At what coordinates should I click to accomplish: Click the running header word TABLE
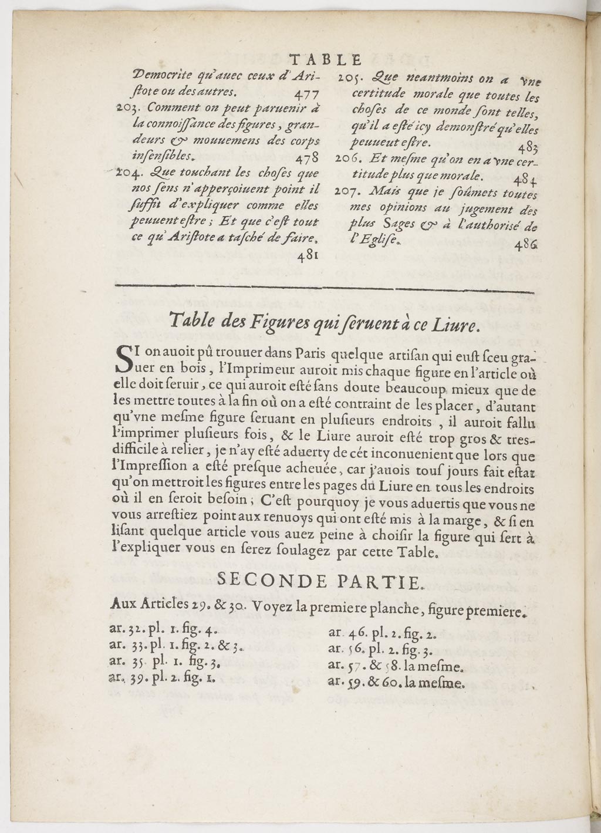[326, 59]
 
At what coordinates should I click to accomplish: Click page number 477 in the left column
[304, 94]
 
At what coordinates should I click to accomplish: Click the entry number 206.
[350, 159]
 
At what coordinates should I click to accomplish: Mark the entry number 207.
[350, 191]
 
